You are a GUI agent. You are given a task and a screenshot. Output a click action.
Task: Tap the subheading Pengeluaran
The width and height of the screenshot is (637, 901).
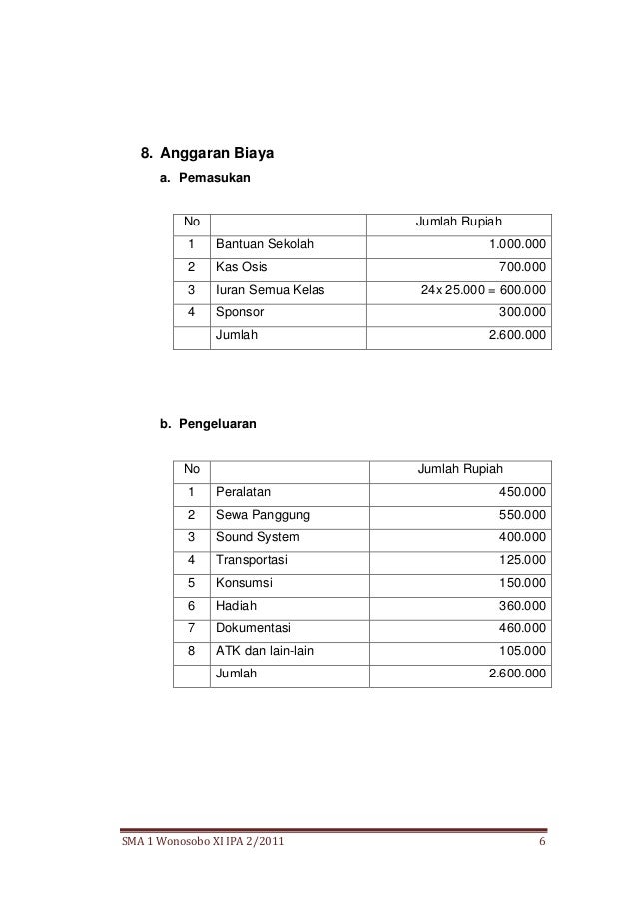pos(216,424)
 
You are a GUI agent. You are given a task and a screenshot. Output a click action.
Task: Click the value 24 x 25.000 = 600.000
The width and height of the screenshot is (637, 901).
pos(483,291)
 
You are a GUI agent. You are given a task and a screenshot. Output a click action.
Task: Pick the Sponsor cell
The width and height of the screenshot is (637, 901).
pos(241,313)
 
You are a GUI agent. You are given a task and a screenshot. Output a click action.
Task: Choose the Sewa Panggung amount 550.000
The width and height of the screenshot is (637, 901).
pos(522,515)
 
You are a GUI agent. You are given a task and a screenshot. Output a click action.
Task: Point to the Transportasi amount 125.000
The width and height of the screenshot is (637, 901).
pos(522,560)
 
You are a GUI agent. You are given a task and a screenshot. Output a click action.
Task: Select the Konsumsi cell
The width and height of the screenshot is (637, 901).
pos(245,583)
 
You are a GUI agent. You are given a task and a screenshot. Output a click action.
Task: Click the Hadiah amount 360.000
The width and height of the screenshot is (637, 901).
pos(522,605)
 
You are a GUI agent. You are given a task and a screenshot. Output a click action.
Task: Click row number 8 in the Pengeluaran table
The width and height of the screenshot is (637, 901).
pos(191,651)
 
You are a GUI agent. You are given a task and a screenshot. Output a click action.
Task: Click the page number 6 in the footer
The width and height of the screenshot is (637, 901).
pos(541,848)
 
